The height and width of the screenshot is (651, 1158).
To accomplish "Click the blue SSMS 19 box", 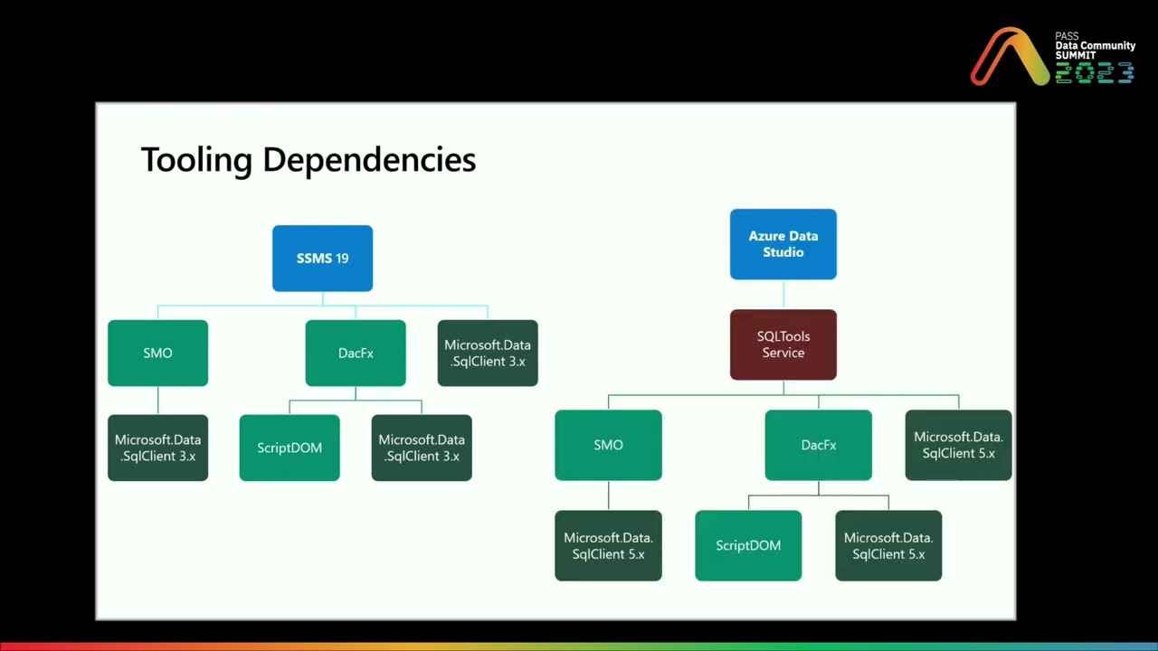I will click(322, 259).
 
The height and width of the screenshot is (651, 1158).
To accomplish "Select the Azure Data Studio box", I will click(783, 244).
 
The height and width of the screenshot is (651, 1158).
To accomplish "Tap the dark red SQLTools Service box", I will click(783, 344).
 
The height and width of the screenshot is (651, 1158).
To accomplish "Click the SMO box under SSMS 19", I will click(157, 353).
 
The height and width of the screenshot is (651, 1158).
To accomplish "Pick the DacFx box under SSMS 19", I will click(356, 353).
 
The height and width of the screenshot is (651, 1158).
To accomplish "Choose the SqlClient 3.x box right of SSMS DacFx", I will click(488, 353).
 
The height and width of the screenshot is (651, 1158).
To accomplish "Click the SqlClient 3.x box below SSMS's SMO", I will click(157, 448).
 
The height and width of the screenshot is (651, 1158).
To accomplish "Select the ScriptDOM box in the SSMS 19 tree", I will click(289, 448).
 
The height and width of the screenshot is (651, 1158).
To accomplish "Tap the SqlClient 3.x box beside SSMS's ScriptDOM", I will click(422, 448).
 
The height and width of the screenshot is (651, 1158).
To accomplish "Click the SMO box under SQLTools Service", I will click(608, 445).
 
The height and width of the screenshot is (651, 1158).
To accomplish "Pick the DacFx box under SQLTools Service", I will click(819, 445).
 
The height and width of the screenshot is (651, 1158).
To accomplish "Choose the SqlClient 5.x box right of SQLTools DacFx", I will click(958, 445).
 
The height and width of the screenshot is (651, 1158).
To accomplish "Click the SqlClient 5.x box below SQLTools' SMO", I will click(608, 545).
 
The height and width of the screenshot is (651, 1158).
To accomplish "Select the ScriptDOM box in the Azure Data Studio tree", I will click(748, 545).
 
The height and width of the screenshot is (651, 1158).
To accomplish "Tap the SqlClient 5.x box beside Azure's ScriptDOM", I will click(888, 545).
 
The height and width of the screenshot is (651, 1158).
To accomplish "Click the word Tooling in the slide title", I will click(196, 160).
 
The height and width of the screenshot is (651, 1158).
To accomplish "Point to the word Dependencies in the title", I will click(369, 160).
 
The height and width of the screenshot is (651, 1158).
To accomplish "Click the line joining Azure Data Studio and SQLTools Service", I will click(783, 295).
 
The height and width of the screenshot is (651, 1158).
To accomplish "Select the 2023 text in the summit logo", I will click(1095, 73).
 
